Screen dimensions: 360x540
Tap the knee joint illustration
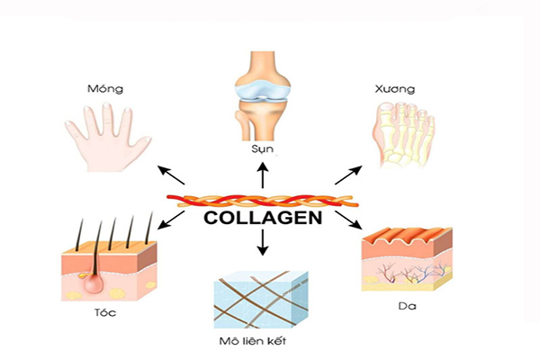coord(261,94)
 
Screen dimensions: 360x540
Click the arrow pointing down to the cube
coord(263,240)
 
